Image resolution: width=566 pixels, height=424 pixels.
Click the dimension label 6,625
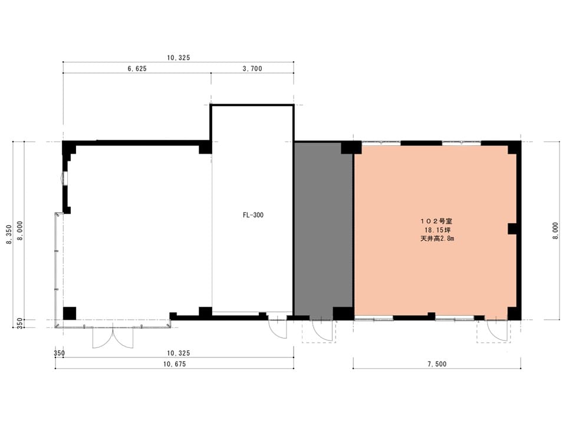[x=137, y=68]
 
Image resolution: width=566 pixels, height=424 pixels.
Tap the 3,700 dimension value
[x=252, y=68]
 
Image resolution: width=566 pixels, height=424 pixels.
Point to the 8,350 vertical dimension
[x=9, y=234]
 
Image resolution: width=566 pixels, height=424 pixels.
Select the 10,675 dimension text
[x=175, y=364]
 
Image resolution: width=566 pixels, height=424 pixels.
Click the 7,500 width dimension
[x=437, y=364]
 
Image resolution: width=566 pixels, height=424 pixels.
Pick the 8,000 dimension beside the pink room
[x=555, y=231]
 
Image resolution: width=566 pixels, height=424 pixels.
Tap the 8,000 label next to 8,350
[x=20, y=231]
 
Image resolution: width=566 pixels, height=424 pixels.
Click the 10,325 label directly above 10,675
[x=178, y=353]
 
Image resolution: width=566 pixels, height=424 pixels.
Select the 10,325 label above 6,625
[x=178, y=58]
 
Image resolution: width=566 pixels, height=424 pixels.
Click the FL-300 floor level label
[x=253, y=215]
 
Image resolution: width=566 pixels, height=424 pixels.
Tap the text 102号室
[x=436, y=221]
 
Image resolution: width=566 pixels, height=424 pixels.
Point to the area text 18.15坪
[x=437, y=230]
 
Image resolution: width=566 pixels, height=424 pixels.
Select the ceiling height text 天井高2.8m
[x=437, y=238]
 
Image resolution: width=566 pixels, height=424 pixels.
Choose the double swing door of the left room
[x=113, y=337]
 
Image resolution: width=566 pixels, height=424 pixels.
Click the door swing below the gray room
[x=323, y=330]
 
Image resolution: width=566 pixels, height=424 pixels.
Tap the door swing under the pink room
[x=498, y=330]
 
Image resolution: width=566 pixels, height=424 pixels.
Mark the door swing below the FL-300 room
[x=278, y=329]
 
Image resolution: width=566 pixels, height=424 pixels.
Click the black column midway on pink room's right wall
[x=513, y=229]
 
